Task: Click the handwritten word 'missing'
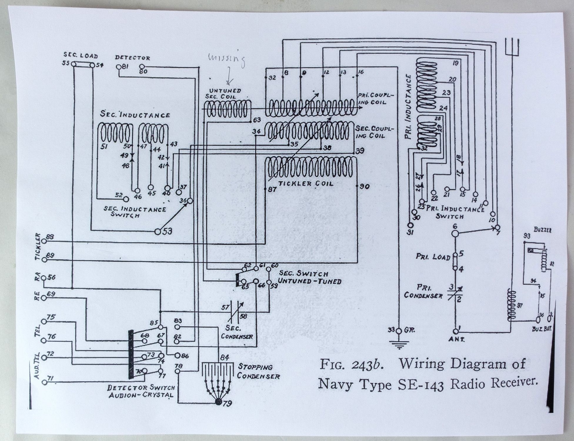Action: pyautogui.click(x=226, y=60)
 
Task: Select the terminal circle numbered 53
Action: pyautogui.click(x=158, y=232)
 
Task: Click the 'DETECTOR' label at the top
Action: pyautogui.click(x=132, y=58)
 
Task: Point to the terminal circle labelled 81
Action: pyautogui.click(x=119, y=67)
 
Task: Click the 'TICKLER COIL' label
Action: pyautogui.click(x=306, y=183)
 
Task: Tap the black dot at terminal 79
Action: pyautogui.click(x=218, y=402)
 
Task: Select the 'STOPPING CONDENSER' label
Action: pyautogui.click(x=258, y=371)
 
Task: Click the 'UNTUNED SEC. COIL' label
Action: pyautogui.click(x=225, y=93)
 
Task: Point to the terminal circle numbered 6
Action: pyautogui.click(x=455, y=234)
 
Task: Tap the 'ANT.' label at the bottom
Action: pyautogui.click(x=456, y=339)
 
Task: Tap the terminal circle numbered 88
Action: pyautogui.click(x=44, y=241)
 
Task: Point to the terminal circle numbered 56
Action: pyautogui.click(x=44, y=278)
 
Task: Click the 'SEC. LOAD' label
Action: pyautogui.click(x=81, y=56)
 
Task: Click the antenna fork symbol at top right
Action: pyautogui.click(x=512, y=47)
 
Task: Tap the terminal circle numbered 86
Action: pyautogui.click(x=177, y=355)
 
